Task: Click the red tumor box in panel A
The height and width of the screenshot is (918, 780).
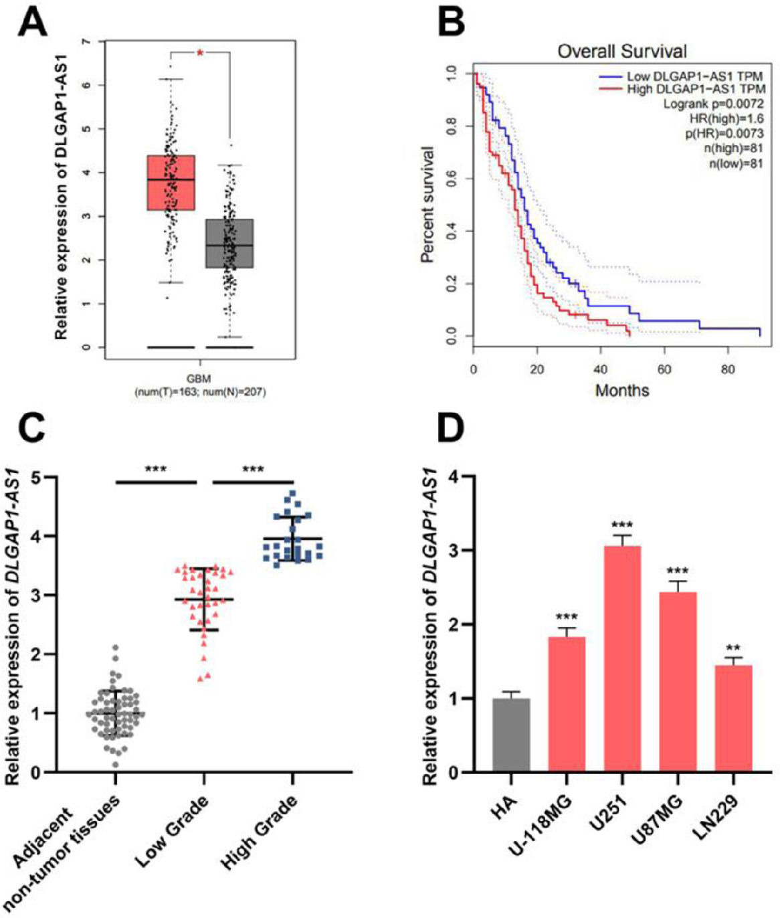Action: point(171,183)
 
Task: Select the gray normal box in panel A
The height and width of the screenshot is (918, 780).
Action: point(229,244)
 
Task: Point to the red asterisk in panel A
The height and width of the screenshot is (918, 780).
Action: point(200,53)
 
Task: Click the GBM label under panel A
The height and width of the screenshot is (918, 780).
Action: point(199,379)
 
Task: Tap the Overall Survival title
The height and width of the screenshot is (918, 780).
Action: point(622,51)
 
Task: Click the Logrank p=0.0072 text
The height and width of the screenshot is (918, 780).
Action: point(713,104)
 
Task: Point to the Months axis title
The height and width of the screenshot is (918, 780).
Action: point(622,390)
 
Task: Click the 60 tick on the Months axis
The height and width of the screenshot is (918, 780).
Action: point(664,369)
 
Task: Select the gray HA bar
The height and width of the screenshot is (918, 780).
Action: point(511,735)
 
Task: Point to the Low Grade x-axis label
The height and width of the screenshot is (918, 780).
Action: point(173,830)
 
